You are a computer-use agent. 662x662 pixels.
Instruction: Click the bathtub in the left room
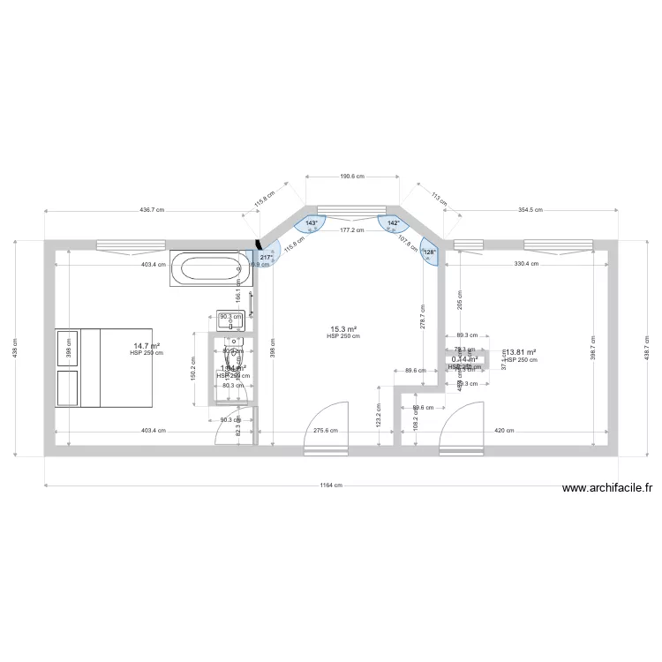[x=210, y=268]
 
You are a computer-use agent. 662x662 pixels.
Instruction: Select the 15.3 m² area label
[x=343, y=329]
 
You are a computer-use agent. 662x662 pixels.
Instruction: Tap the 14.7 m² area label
[x=147, y=346]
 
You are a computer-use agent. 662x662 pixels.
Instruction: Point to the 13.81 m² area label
[x=520, y=352]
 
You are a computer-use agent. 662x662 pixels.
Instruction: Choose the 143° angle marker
[x=311, y=223]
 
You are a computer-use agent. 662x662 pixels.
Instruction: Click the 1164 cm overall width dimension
[x=330, y=485]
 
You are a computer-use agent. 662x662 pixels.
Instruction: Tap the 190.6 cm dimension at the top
[x=353, y=176]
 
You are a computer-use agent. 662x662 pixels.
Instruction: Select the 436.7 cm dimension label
[x=154, y=210]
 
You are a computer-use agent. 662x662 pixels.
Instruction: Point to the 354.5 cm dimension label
[x=530, y=210]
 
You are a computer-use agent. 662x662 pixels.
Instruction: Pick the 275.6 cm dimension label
[x=326, y=431]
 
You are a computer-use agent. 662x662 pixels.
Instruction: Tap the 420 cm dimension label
[x=504, y=431]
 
